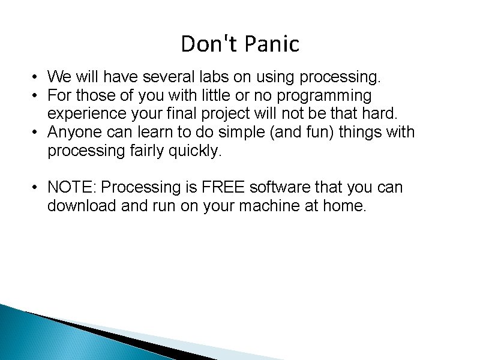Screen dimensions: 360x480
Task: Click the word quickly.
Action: [193, 151]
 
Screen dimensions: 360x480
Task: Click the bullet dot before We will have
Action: [37, 77]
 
